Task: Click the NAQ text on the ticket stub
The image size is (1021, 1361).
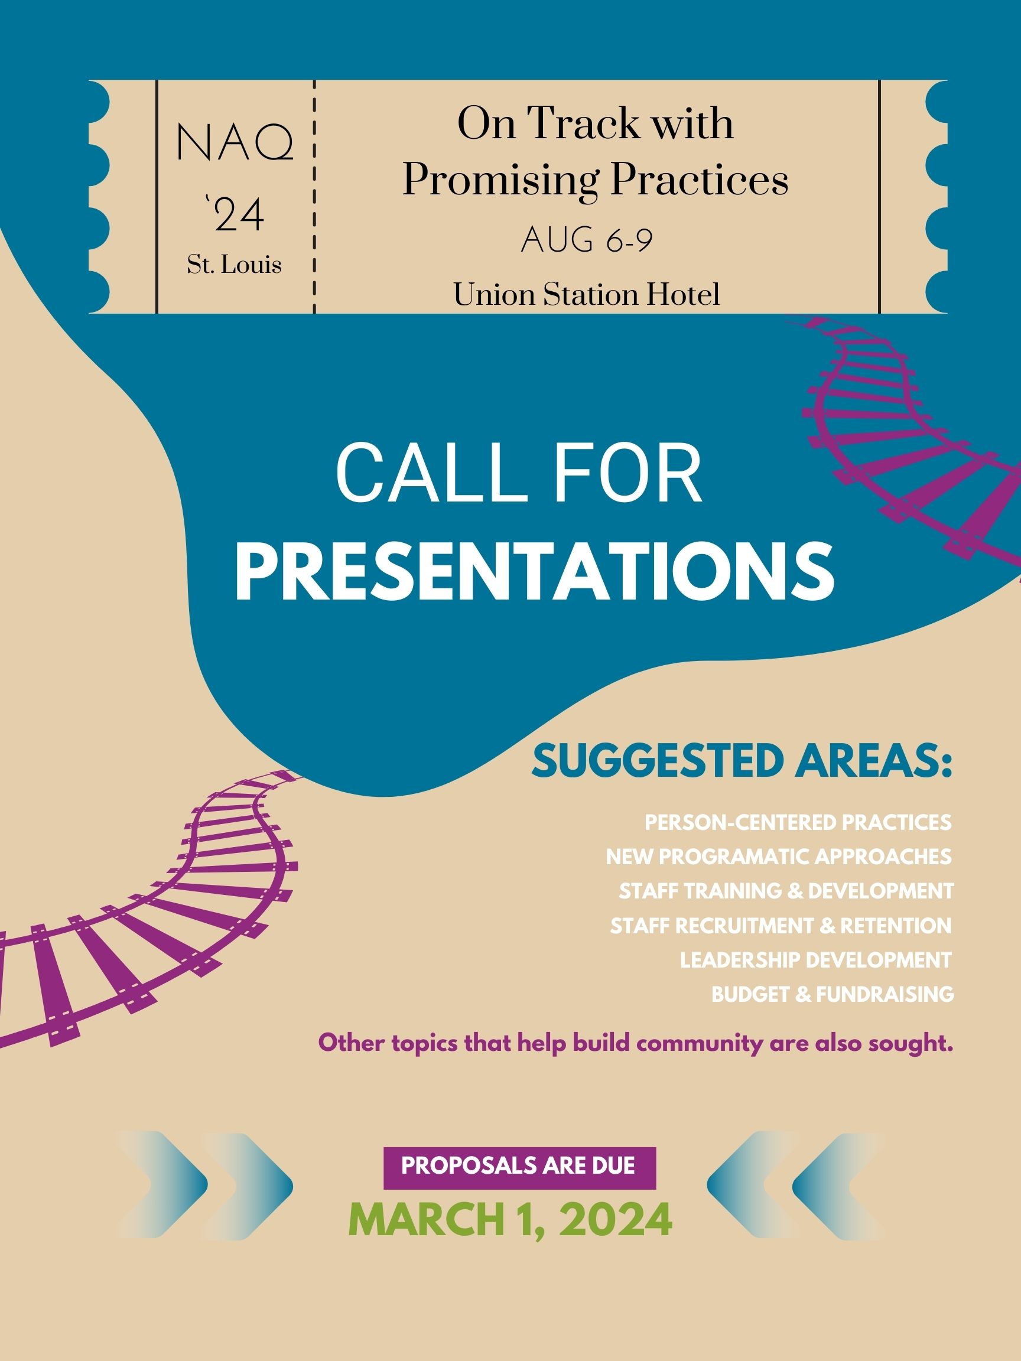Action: coord(235,144)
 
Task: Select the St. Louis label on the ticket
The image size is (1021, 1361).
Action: coord(235,265)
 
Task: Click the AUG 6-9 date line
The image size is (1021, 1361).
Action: coord(587,240)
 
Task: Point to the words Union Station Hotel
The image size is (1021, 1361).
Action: coord(587,295)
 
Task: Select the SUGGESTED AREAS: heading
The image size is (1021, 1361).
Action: coord(742,761)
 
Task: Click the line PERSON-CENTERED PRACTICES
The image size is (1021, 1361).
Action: coord(798,823)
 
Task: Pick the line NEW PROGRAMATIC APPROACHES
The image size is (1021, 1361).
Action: coord(779,857)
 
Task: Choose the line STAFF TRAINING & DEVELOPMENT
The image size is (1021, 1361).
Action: coord(786,891)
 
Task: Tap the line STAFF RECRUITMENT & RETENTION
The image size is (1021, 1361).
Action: coord(781,926)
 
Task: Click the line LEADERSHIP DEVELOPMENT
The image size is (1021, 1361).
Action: coord(815,960)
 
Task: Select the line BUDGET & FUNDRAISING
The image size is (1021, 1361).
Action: coord(832,994)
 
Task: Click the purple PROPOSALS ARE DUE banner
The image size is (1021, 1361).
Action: coord(519,1165)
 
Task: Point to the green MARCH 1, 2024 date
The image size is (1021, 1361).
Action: coord(510,1218)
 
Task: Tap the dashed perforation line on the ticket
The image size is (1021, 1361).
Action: coord(314,197)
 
